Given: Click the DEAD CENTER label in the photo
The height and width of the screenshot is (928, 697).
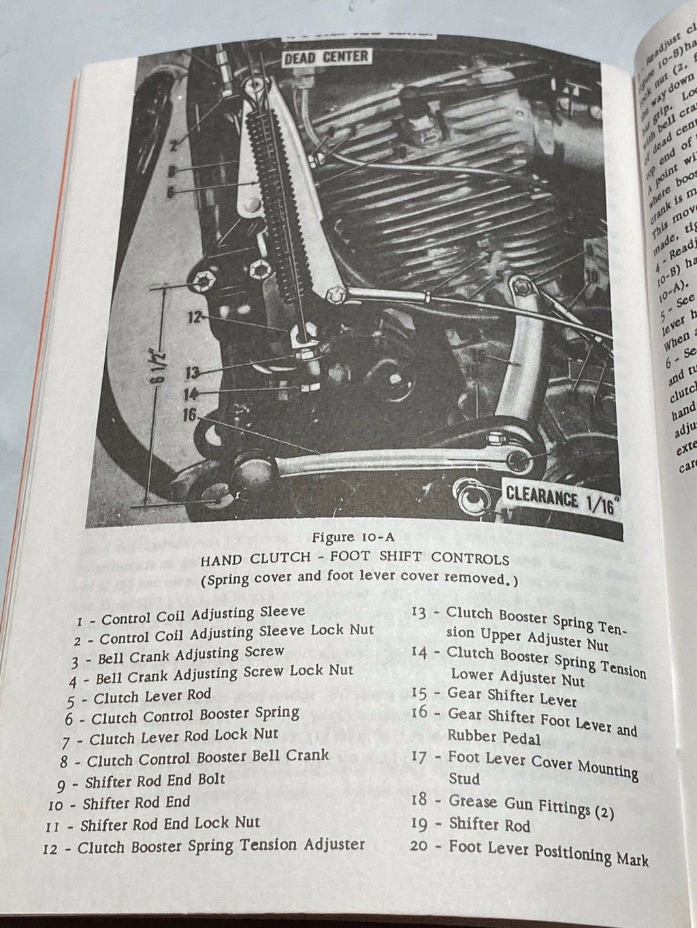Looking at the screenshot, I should click(x=326, y=56).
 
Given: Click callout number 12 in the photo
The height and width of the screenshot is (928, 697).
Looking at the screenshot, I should click(x=195, y=317).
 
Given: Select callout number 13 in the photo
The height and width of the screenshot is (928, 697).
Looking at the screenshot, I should click(x=193, y=372).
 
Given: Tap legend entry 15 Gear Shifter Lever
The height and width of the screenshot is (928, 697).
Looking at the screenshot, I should click(x=504, y=696).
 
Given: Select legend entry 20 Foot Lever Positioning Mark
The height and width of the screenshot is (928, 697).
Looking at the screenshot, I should click(x=529, y=851).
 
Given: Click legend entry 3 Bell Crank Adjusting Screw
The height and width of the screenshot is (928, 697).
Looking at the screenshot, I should click(x=178, y=655).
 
